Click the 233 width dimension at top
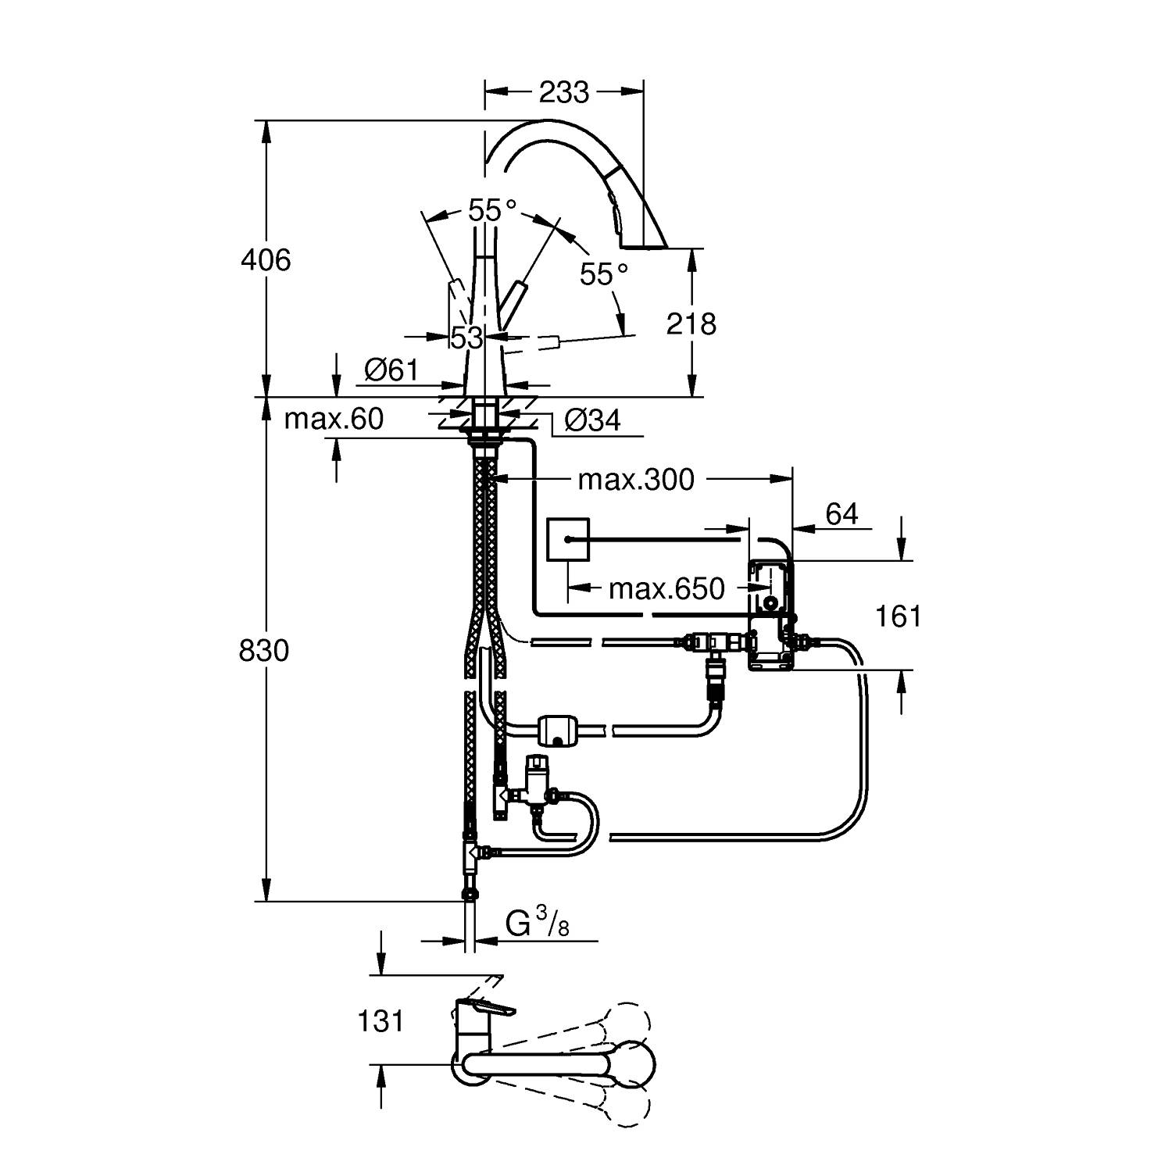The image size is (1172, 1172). (x=563, y=92)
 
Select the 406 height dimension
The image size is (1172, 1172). (x=265, y=259)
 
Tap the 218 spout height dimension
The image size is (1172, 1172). (x=691, y=323)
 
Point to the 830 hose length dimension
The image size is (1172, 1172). (x=263, y=650)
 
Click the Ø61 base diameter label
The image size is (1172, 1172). (x=391, y=370)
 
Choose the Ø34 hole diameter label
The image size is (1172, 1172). (x=592, y=420)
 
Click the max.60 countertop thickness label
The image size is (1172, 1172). (x=334, y=420)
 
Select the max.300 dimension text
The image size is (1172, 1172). (x=635, y=480)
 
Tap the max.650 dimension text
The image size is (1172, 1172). (x=666, y=588)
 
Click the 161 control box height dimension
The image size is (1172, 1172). (x=899, y=616)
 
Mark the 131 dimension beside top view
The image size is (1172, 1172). (x=381, y=1020)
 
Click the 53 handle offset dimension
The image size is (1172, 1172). (x=466, y=338)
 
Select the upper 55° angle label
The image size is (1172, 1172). (x=492, y=209)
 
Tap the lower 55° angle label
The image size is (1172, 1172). (x=604, y=274)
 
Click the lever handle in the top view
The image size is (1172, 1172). (x=484, y=1009)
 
